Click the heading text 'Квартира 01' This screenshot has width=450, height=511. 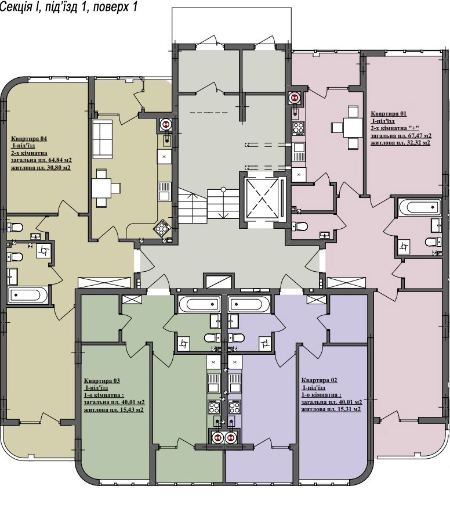[389, 114]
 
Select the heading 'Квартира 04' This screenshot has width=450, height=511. [29, 139]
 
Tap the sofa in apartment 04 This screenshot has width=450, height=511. [103, 139]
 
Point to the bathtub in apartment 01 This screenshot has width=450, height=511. [419, 208]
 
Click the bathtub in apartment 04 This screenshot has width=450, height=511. [28, 295]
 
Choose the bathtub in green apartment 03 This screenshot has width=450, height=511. [199, 305]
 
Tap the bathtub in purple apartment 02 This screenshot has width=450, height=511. [249, 305]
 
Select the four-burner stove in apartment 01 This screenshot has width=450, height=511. [299, 128]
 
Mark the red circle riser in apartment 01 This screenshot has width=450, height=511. [295, 98]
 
